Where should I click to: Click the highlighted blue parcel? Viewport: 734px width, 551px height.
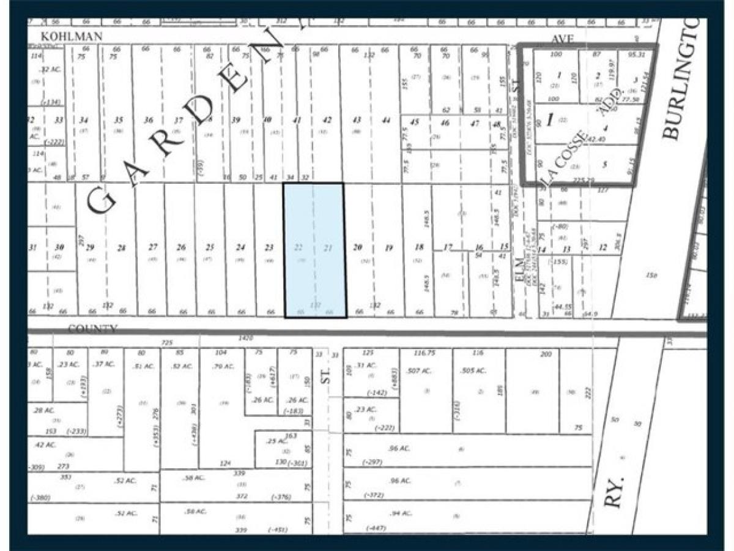pyautogui.click(x=315, y=251)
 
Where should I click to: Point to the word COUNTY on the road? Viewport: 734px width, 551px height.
pyautogui.click(x=92, y=329)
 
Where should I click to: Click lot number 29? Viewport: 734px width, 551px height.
pyautogui.click(x=89, y=247)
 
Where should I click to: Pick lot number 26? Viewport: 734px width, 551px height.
pyautogui.click(x=181, y=247)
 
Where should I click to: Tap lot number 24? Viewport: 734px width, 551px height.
pyautogui.click(x=240, y=247)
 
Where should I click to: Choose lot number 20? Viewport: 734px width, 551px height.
pyautogui.click(x=358, y=247)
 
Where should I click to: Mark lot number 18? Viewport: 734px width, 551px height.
pyautogui.click(x=419, y=247)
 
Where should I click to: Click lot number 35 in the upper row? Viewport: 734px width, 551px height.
pyautogui.click(x=119, y=120)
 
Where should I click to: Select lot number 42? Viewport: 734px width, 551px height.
pyautogui.click(x=327, y=120)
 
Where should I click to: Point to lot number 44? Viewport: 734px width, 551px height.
pyautogui.click(x=386, y=120)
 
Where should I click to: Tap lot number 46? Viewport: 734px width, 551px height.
pyautogui.click(x=445, y=122)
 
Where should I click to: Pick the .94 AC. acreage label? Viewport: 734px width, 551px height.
pyautogui.click(x=399, y=513)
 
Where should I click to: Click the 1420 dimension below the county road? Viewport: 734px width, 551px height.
pyautogui.click(x=246, y=338)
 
